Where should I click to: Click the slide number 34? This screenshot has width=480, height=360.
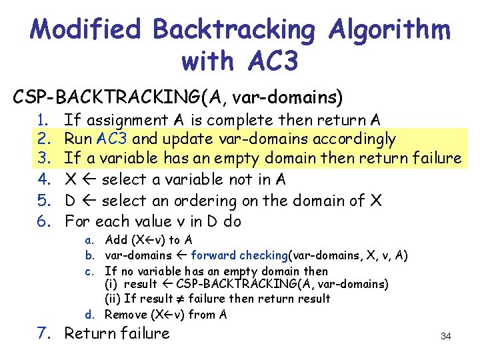446,336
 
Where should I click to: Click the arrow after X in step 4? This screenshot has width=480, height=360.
89,180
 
